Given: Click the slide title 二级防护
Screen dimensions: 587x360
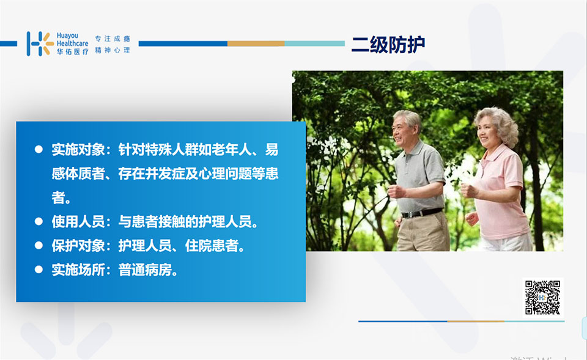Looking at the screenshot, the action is tap(388, 45).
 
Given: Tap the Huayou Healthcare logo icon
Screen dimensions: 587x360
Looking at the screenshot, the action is tap(40, 44).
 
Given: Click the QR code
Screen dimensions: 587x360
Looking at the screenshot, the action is tap(542, 298).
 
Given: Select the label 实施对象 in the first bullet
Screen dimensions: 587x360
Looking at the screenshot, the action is tap(78, 150).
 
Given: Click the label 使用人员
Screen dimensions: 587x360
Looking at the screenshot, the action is tap(78, 221).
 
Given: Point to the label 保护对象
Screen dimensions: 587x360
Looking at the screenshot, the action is tap(78, 246).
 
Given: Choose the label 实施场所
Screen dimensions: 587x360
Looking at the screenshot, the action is tap(78, 270).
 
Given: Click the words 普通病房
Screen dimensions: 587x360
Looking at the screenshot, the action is tap(145, 270).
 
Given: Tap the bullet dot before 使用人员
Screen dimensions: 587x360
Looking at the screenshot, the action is tap(39, 221).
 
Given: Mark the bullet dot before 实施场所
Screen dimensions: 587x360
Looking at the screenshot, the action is tap(39, 270).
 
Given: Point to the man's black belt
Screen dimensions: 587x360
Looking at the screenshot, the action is tap(422, 213).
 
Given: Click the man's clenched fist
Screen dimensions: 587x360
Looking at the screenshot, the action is tap(396, 191).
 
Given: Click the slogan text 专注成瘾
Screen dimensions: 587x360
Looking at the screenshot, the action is tap(113, 39).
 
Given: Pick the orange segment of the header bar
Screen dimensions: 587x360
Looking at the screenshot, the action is tap(256, 44).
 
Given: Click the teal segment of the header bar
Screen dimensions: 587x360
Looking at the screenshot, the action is tap(314, 44).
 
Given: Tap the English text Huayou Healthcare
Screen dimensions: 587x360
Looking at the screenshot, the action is tap(72, 40).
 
